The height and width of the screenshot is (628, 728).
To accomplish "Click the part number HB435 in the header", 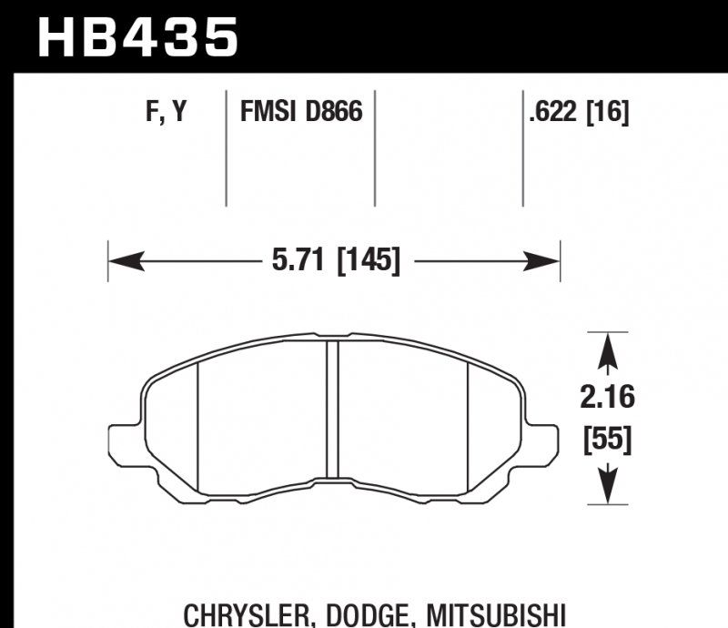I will [x=136, y=36].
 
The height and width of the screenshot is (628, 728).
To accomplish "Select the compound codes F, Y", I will [x=166, y=113].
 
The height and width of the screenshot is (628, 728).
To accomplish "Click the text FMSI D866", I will [x=301, y=113].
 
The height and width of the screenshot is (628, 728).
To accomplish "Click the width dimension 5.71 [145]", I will [x=336, y=262].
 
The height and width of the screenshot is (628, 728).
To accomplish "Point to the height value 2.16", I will [x=608, y=398].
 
